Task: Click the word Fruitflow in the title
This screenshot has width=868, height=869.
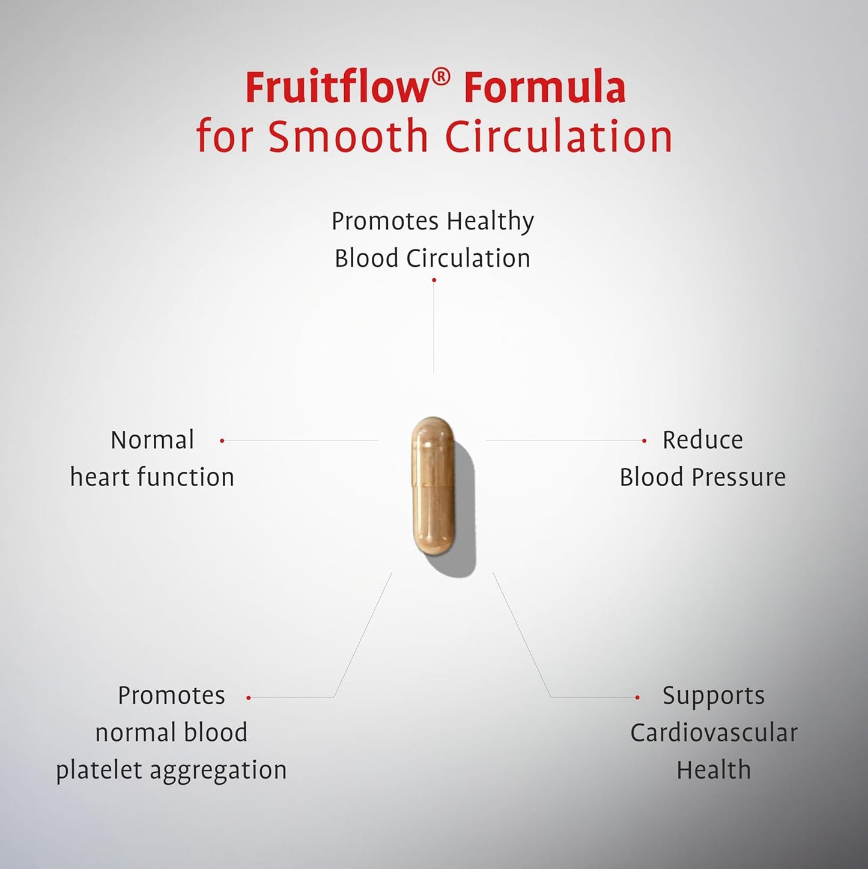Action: (x=336, y=88)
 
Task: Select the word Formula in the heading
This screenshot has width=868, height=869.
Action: (x=545, y=88)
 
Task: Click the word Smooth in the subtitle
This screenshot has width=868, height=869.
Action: (x=348, y=136)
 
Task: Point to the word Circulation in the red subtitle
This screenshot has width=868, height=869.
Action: (x=559, y=136)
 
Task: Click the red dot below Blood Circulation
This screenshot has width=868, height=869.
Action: (x=434, y=280)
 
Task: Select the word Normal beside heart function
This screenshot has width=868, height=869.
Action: (x=153, y=440)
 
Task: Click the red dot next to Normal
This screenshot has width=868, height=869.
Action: (x=222, y=441)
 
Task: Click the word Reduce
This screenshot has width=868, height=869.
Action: (x=703, y=440)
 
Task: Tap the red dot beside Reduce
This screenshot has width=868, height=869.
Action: (x=644, y=441)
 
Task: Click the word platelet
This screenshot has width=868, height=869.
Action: (x=100, y=770)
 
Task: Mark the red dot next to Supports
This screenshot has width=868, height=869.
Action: (x=637, y=698)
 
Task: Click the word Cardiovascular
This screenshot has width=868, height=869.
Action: (x=714, y=733)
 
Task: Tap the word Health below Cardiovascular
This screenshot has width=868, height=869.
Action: (x=714, y=770)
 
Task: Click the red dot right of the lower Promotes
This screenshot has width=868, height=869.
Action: (x=249, y=698)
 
